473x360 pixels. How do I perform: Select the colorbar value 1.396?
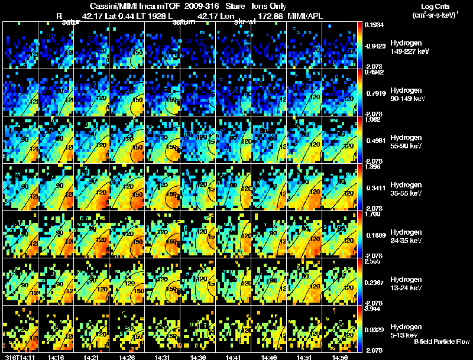coord(374,167)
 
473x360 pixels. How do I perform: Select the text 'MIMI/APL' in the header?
coord(302,14)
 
